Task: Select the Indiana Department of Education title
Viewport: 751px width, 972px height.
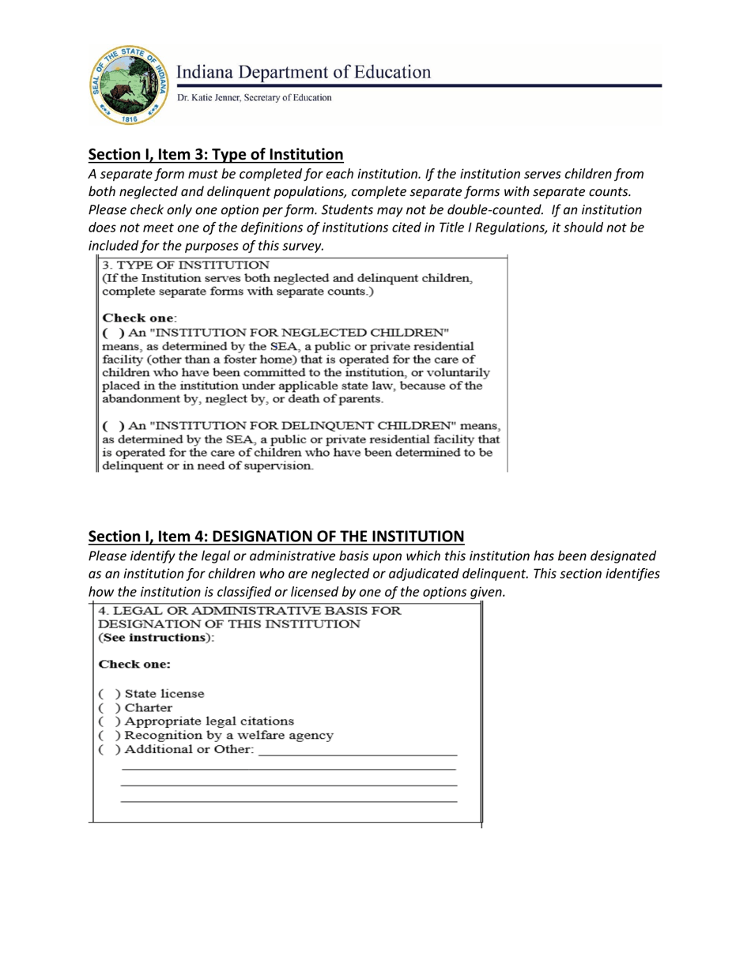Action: point(304,73)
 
